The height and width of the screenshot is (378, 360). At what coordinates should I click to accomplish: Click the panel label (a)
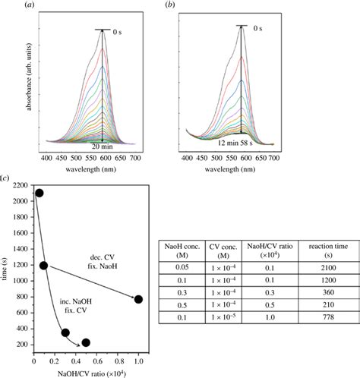coord(51,6)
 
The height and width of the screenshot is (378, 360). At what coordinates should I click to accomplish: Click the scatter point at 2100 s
coord(39,193)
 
